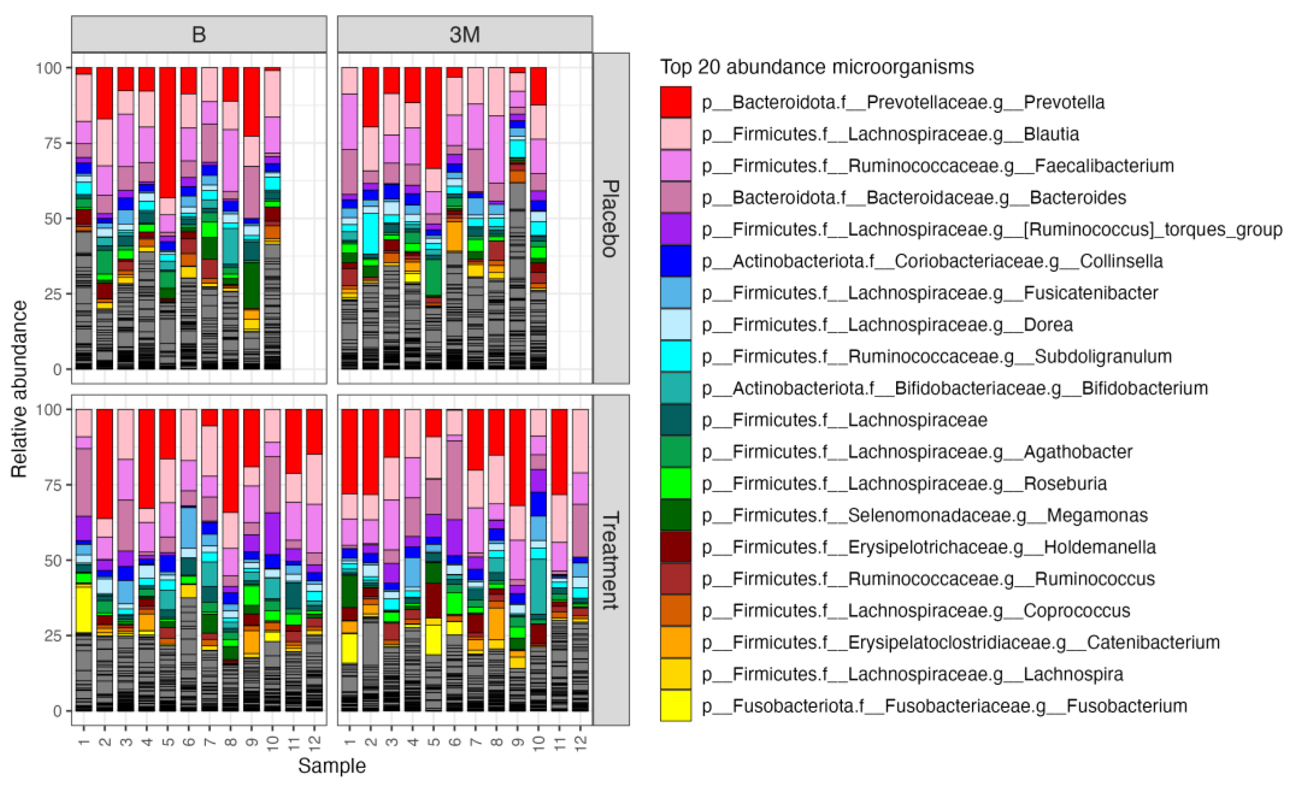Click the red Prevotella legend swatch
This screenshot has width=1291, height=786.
click(675, 102)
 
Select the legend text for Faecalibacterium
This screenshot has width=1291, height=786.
click(937, 166)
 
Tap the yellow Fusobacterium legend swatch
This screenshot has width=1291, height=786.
click(675, 706)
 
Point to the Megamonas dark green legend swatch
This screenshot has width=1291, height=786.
click(675, 515)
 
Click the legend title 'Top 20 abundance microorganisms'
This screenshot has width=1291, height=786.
click(816, 67)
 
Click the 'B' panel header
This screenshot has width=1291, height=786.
click(199, 35)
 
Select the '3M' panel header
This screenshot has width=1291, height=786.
click(464, 35)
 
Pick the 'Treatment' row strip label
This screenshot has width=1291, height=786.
click(610, 560)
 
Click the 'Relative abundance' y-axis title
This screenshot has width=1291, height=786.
click(19, 389)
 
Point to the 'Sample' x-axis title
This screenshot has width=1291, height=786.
click(331, 766)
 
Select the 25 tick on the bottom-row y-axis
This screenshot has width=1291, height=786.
click(53, 636)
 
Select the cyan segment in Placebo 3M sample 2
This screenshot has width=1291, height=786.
click(370, 233)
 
